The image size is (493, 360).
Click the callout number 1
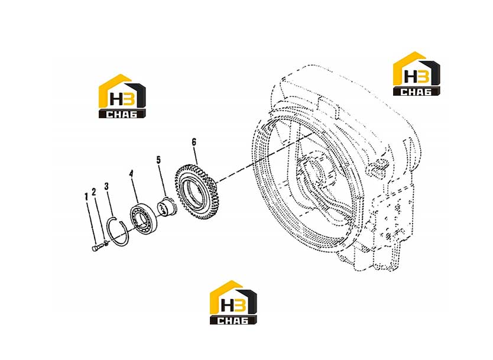(x=86, y=197)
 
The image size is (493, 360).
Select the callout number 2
(x=94, y=192)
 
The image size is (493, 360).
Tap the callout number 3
(x=106, y=186)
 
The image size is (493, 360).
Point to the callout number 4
(x=131, y=174)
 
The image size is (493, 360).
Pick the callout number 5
(x=158, y=160)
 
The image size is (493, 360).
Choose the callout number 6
(x=194, y=142)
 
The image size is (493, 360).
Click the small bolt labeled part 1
(x=98, y=247)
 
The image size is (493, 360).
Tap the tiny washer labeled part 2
(x=107, y=242)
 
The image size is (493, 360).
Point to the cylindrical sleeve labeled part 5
(x=167, y=207)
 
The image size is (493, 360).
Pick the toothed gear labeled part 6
(x=196, y=191)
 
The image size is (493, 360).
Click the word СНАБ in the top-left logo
(x=122, y=114)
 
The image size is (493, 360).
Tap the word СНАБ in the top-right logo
(x=416, y=92)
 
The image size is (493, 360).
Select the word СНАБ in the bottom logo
(x=233, y=320)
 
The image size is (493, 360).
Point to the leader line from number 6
(x=196, y=155)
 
